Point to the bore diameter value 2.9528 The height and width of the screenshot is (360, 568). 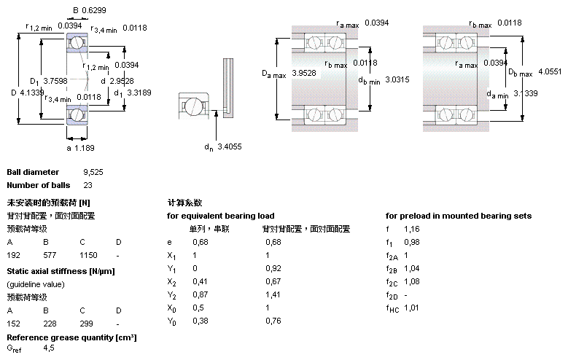[122, 81]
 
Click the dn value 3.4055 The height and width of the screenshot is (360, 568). [230, 146]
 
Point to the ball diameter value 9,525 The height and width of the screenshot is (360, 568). [93, 172]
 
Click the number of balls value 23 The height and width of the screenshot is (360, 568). [88, 185]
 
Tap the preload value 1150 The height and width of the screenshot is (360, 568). [88, 255]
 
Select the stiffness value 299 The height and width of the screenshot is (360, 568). [85, 323]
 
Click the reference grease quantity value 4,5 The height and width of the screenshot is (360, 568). [49, 349]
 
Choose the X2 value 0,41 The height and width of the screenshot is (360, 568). [198, 281]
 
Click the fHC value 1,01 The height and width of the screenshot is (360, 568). [412, 308]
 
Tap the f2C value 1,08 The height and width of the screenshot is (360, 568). [412, 281]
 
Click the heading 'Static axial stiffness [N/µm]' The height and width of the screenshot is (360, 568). [61, 271]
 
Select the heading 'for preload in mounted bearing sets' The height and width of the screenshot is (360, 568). [458, 216]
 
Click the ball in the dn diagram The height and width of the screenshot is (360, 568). [195, 106]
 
